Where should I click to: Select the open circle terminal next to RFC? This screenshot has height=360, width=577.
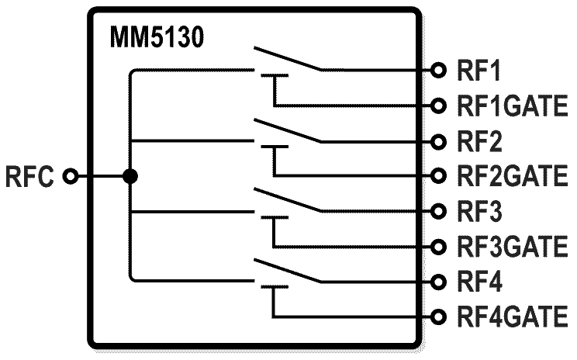click(x=71, y=177)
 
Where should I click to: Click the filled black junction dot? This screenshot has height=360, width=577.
click(x=130, y=177)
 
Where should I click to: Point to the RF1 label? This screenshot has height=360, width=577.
click(x=478, y=71)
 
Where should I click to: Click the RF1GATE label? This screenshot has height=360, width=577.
click(x=513, y=105)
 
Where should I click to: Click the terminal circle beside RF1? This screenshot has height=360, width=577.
click(x=440, y=71)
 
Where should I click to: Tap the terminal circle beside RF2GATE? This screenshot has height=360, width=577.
click(x=440, y=175)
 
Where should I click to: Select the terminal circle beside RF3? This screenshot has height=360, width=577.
click(x=440, y=211)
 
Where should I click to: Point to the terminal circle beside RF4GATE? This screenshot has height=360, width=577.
click(x=440, y=317)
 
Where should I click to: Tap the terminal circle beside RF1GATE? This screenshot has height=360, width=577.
click(x=440, y=105)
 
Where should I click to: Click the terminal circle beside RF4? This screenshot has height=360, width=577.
click(x=440, y=281)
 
